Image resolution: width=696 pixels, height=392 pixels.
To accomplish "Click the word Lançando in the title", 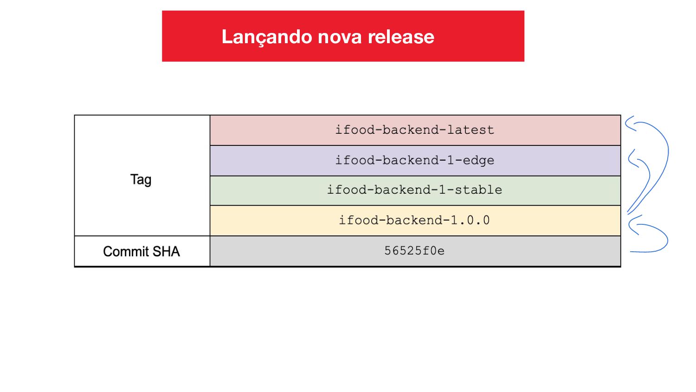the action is pos(266,37).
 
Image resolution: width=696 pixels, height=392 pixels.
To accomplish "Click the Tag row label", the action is pos(141,179).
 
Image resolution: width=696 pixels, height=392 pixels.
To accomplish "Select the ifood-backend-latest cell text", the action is pos(414,130).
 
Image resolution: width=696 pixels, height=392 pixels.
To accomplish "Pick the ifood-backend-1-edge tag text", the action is pos(414,160).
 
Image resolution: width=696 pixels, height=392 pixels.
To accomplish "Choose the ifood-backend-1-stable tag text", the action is pos(414,190).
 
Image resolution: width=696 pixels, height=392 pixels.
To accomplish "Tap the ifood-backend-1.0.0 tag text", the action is pos(414,220).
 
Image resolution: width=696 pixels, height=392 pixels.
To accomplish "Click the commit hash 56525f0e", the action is pos(414,251).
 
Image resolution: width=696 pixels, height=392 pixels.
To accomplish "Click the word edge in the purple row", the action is pos(478,160).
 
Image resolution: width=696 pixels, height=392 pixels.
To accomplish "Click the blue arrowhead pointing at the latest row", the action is pos(629,123).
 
